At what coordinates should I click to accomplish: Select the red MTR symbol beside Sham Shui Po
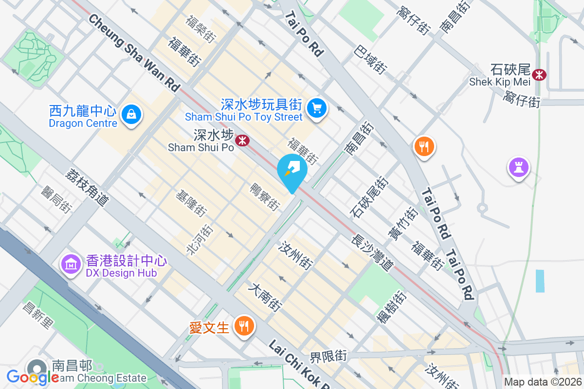tap(242, 141)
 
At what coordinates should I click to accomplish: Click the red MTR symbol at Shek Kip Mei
tap(539, 74)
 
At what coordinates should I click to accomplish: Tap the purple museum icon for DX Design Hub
tap(71, 264)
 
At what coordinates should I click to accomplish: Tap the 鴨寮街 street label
tap(265, 197)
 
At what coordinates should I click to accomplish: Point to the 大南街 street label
tap(265, 298)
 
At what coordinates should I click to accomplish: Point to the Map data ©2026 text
tap(543, 382)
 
